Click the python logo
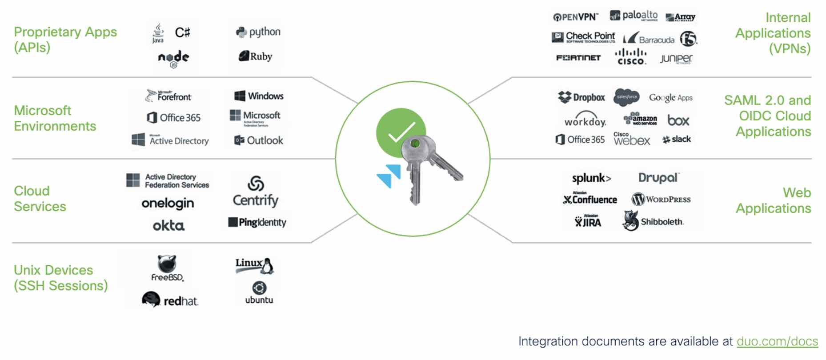pyautogui.click(x=258, y=32)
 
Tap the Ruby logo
pyautogui.click(x=256, y=56)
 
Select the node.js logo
pyautogui.click(x=173, y=58)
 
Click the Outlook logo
pyautogui.click(x=259, y=140)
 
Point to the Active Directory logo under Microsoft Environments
pyautogui.click(x=171, y=140)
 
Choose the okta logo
pyautogui.click(x=168, y=226)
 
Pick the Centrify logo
pyautogui.click(x=256, y=192)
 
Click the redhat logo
pyautogui.click(x=170, y=300)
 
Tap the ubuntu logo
pyautogui.click(x=259, y=293)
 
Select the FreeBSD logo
pyautogui.click(x=167, y=268)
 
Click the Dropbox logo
pyautogui.click(x=581, y=97)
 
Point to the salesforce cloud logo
pyautogui.click(x=626, y=97)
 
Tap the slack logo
pyautogui.click(x=677, y=140)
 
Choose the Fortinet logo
pyautogui.click(x=578, y=58)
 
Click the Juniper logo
pyautogui.click(x=676, y=59)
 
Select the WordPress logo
pyautogui.click(x=661, y=199)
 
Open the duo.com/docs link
pyautogui.click(x=777, y=341)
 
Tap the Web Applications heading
pyautogui.click(x=774, y=200)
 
